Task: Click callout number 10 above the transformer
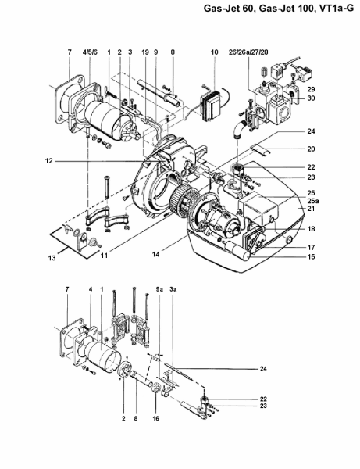[x=215, y=52]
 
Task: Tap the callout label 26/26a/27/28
[x=248, y=52]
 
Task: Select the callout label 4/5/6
[x=90, y=52]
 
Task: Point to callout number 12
[x=49, y=161]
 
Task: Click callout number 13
[x=52, y=258]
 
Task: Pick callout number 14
[x=155, y=254]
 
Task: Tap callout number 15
[x=311, y=256]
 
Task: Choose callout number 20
[x=311, y=149]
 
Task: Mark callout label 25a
[x=313, y=201]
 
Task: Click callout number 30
[x=311, y=98]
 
